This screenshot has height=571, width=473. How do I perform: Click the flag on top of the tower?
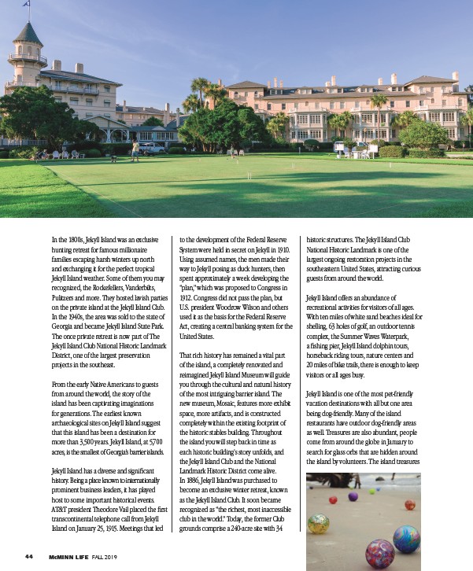point(27,5)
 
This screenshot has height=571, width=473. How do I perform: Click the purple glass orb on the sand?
point(352,496)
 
